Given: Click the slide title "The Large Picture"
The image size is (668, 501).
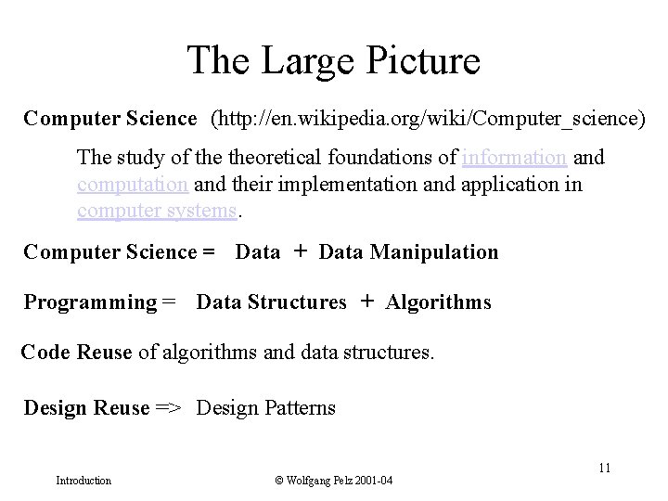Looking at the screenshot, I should point(334,60).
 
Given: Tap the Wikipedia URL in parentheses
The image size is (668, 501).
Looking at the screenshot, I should point(428,119).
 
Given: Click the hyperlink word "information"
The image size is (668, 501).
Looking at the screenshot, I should point(514,157).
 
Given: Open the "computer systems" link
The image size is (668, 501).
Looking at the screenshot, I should point(157,211).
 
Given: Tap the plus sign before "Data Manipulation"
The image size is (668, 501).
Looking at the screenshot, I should point(300,251).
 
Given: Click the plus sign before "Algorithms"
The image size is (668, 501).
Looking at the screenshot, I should point(366,302).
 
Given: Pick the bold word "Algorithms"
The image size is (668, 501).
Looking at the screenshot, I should point(439,302).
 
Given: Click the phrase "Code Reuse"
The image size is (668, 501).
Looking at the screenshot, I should point(76,353).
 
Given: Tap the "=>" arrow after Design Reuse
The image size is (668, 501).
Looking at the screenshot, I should point(168,407).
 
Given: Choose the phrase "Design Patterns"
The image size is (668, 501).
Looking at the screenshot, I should point(266,407).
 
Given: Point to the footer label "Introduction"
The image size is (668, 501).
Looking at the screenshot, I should point(83,481).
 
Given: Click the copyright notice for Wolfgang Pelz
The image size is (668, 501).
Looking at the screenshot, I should point(334,481).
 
